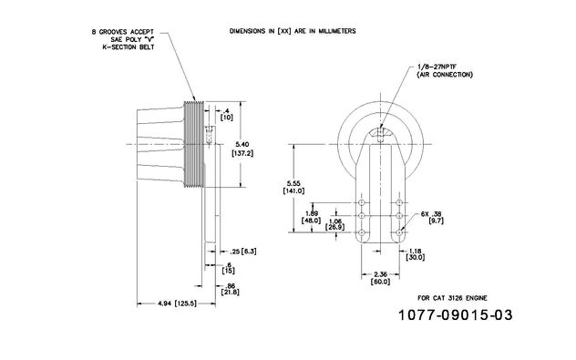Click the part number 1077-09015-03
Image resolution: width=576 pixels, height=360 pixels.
[455, 314]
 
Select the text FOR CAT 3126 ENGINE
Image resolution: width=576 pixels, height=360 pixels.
[453, 298]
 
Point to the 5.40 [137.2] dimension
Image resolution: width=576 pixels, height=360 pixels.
[242, 149]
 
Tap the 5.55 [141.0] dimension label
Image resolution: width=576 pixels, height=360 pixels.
[293, 187]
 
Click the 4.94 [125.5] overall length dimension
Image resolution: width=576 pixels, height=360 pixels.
[178, 303]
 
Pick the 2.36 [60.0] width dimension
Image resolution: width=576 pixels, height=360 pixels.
[381, 278]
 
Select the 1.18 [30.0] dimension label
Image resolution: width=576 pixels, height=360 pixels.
[415, 254]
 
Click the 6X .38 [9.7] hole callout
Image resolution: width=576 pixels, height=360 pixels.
[432, 217]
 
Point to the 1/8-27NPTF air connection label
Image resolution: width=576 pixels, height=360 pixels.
[445, 71]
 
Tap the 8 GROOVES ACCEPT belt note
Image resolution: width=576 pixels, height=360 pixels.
[123, 40]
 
